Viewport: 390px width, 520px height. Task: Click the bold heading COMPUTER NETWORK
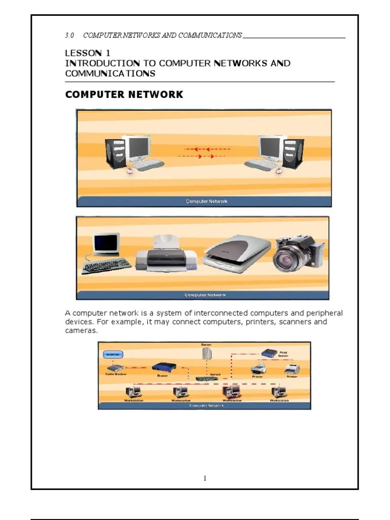pos(124,95)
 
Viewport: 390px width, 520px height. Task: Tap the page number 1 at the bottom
pos(205,478)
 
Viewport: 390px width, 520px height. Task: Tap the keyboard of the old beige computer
pos(106,266)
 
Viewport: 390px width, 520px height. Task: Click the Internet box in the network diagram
pos(113,354)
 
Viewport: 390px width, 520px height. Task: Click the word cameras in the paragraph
pos(80,331)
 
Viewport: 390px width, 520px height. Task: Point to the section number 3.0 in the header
pos(70,35)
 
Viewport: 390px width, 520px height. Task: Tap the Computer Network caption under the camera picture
pos(205,295)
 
